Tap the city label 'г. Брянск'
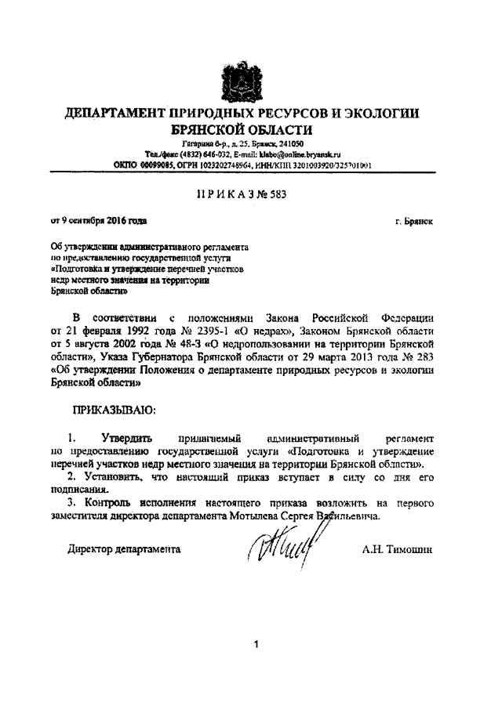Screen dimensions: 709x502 [415, 222]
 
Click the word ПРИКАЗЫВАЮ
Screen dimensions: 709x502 [114, 409]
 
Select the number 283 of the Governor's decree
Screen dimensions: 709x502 [424, 358]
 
